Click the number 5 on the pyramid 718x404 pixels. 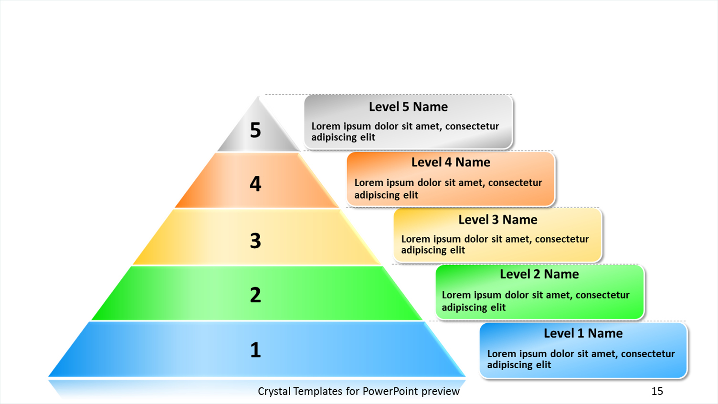[255, 130]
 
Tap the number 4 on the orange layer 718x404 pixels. [255, 184]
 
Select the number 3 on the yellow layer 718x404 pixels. [255, 240]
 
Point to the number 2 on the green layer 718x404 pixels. [255, 295]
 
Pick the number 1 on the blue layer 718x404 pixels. [255, 350]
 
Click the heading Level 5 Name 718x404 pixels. [408, 107]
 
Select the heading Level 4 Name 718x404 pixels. [451, 162]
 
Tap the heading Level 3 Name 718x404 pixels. [497, 220]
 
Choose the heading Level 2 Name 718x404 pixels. [539, 274]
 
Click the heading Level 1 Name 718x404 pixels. [583, 333]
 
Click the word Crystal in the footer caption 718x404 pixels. [274, 392]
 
